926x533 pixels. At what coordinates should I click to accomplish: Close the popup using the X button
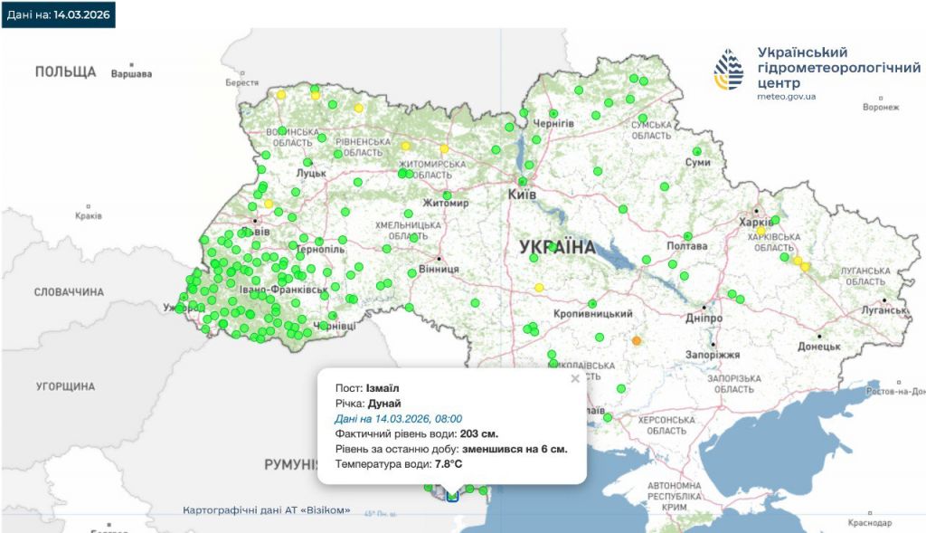tap(574, 379)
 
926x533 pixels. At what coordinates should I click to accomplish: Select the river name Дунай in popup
tap(384, 404)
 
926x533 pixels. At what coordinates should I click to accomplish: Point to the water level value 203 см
tap(478, 433)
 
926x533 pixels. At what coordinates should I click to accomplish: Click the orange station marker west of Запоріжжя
tap(636, 341)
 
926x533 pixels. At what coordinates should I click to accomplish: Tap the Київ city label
tap(523, 195)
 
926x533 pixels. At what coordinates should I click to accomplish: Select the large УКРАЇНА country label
tap(557, 247)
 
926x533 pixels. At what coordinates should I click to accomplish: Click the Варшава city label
tap(131, 73)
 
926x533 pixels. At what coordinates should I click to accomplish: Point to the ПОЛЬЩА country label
tap(65, 71)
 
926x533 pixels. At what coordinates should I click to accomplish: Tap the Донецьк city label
tap(818, 346)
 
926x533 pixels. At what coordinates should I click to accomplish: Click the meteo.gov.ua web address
tap(786, 96)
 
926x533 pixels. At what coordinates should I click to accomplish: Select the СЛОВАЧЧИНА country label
tap(69, 292)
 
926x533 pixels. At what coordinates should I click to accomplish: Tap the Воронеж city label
tap(881, 107)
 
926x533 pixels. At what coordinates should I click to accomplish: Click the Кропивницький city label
tap(593, 313)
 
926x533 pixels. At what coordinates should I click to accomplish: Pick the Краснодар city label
tap(870, 523)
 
